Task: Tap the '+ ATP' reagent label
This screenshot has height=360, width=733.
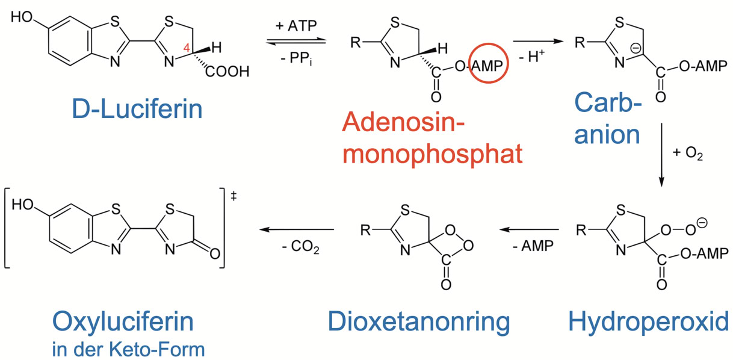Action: (x=296, y=26)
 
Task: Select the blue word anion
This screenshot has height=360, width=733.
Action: (x=608, y=134)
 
